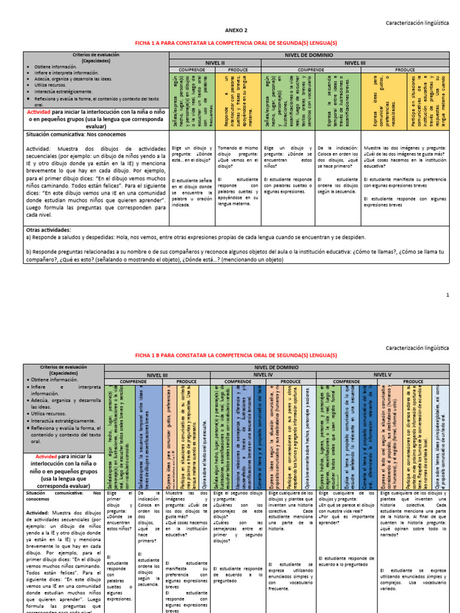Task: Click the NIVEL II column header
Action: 215,62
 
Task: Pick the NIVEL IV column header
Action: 264,375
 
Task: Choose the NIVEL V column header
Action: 383,375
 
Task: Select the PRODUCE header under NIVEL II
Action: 238,69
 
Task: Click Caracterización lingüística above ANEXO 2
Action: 416,22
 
